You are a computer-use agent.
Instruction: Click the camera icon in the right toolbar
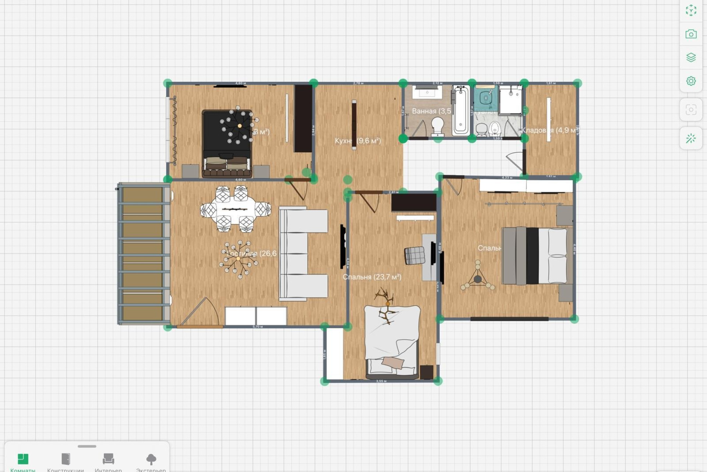691,34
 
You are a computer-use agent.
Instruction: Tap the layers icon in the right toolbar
691,58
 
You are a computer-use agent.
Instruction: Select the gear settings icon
691,81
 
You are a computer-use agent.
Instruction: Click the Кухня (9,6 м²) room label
358,141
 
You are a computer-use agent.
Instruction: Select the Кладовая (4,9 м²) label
549,130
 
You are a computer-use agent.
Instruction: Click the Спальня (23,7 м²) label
372,277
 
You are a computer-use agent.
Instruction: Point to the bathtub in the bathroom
461,110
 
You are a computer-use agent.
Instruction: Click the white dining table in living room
236,209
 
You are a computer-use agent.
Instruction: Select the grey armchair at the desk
414,256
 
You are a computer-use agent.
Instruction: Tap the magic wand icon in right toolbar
691,139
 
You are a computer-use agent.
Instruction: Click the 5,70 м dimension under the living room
258,327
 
